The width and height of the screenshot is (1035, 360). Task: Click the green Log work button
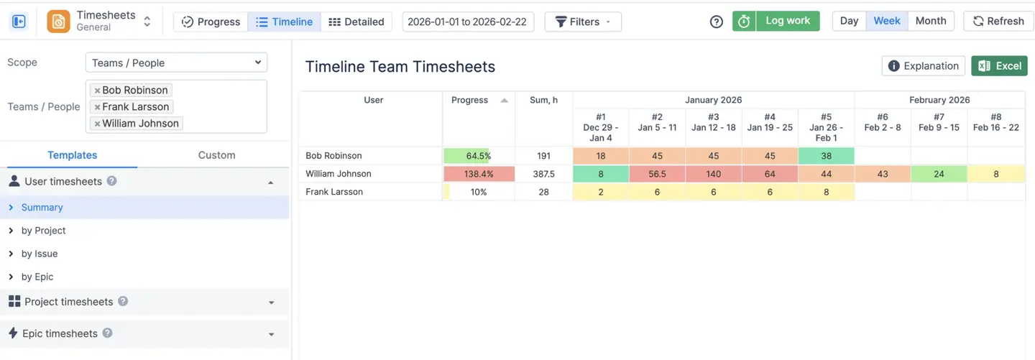click(776, 21)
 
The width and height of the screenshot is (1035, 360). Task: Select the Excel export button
click(999, 66)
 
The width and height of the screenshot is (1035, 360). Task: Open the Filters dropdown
click(582, 22)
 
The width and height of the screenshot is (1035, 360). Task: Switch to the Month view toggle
click(931, 21)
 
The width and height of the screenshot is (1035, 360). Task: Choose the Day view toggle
click(849, 21)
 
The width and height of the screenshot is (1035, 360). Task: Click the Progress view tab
click(211, 22)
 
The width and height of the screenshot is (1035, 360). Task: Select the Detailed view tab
click(356, 22)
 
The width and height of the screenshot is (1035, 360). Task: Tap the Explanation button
click(923, 66)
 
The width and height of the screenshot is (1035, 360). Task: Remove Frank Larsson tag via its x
click(97, 107)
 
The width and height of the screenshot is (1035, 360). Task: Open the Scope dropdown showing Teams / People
click(176, 63)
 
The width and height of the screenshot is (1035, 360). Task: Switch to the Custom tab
click(216, 155)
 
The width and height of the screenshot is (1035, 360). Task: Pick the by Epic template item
click(37, 277)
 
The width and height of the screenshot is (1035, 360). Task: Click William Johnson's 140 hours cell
click(713, 174)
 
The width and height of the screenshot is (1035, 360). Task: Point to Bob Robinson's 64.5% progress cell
click(478, 156)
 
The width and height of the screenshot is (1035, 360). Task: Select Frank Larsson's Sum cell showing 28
click(543, 192)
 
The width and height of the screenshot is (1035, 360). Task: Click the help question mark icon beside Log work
click(716, 22)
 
